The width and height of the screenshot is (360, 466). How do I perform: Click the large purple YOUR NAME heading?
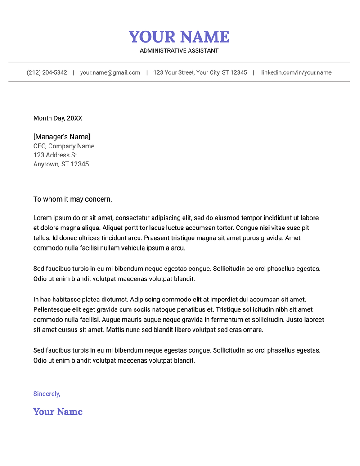pyautogui.click(x=179, y=37)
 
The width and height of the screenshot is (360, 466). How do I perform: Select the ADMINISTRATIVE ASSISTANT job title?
pyautogui.click(x=179, y=51)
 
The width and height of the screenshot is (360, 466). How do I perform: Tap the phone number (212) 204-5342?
pyautogui.click(x=47, y=72)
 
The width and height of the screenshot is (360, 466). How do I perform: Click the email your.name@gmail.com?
pyautogui.click(x=110, y=72)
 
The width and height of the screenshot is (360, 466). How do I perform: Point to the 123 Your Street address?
pyautogui.click(x=200, y=72)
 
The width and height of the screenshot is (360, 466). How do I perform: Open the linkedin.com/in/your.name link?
pyautogui.click(x=296, y=72)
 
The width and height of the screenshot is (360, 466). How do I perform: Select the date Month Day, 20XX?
pyautogui.click(x=58, y=118)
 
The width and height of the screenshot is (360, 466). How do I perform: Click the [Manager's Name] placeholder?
pyautogui.click(x=62, y=137)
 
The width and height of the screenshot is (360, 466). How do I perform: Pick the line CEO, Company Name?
pyautogui.click(x=64, y=146)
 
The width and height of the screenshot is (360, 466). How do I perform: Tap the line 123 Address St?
pyautogui.click(x=55, y=155)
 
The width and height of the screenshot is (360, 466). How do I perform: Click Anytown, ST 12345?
pyautogui.click(x=61, y=164)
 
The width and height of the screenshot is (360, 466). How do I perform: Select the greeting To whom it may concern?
pyautogui.click(x=72, y=199)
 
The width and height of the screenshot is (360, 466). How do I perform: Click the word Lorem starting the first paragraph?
pyautogui.click(x=43, y=218)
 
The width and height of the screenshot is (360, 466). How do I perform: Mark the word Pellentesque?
pyautogui.click(x=54, y=309)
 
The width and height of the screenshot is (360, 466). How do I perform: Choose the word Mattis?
pyautogui.click(x=118, y=330)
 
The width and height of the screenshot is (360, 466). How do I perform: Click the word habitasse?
pyautogui.click(x=65, y=300)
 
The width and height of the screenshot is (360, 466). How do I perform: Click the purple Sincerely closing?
pyautogui.click(x=47, y=394)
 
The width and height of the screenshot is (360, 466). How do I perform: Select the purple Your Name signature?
pyautogui.click(x=58, y=412)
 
